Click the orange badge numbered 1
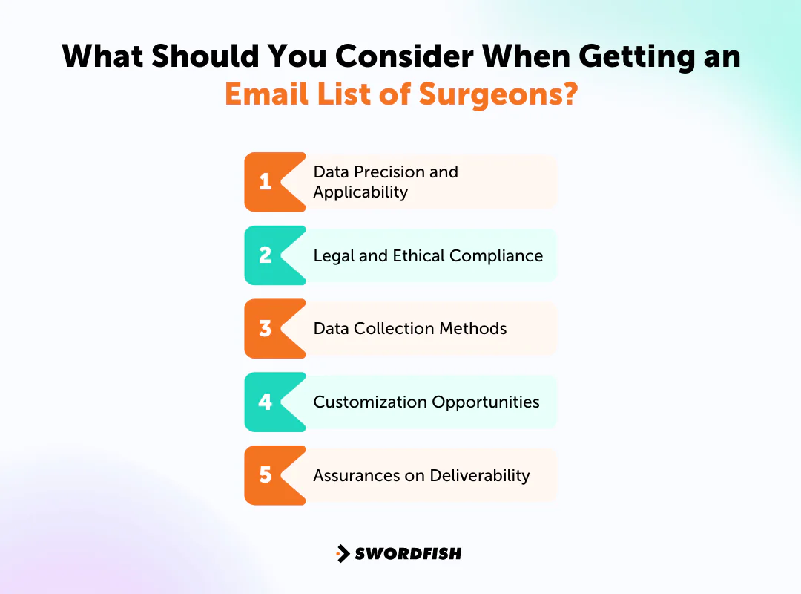(267, 182)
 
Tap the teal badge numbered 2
(267, 255)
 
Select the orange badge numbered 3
(267, 328)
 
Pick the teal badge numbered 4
(267, 402)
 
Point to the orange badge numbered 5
(267, 474)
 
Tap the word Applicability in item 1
(360, 192)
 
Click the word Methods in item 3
(478, 328)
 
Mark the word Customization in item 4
(366, 402)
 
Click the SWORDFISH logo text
(407, 553)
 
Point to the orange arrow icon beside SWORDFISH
(342, 553)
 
